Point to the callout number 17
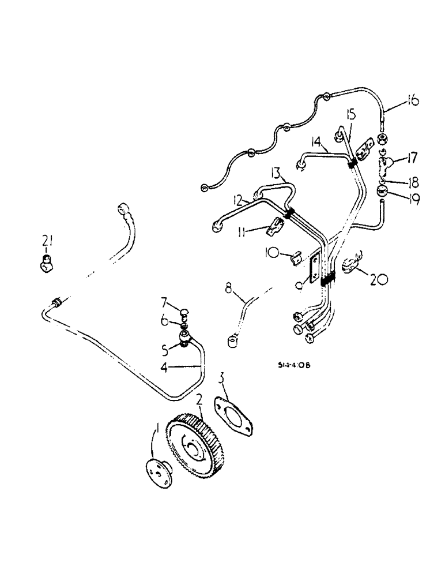pos(412,158)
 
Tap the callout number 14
pos(316,141)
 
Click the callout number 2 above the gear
pos(199,400)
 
